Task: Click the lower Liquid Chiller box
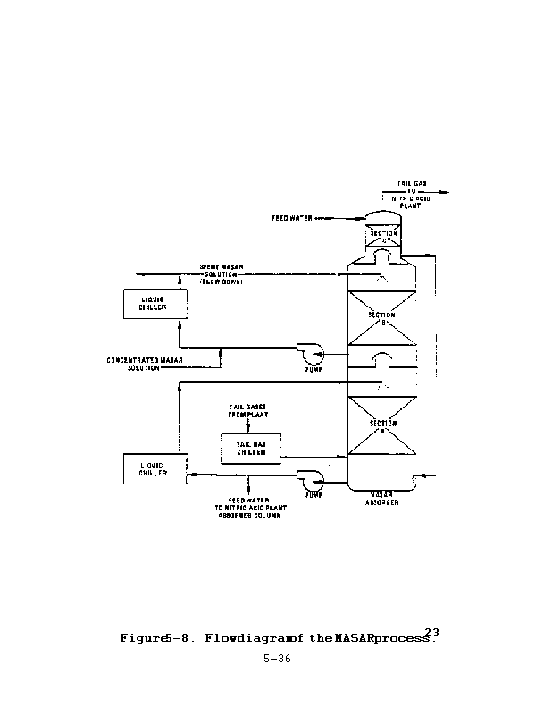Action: click(x=155, y=469)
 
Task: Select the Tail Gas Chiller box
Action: click(x=250, y=448)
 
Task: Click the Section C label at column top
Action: click(x=384, y=237)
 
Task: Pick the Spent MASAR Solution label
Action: click(x=222, y=272)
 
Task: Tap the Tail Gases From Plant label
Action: click(x=250, y=413)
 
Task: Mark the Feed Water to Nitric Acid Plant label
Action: click(x=248, y=508)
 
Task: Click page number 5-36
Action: click(x=277, y=662)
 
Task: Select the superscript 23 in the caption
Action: click(x=432, y=632)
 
